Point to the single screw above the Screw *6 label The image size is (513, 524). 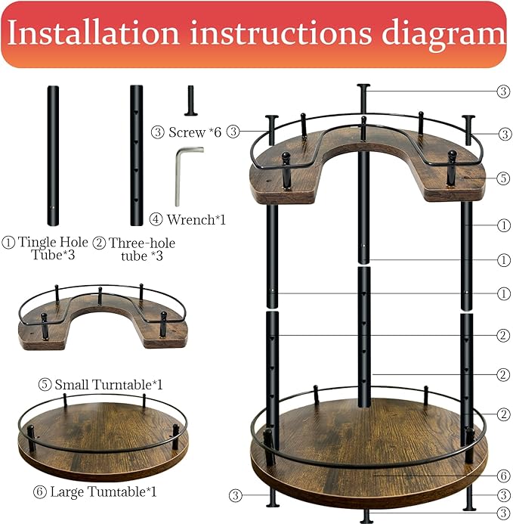191,101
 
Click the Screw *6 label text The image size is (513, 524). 188,132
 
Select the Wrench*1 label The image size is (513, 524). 189,220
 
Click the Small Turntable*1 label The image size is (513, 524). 100,385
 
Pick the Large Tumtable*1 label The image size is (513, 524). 97,492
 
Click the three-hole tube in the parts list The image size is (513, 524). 136,155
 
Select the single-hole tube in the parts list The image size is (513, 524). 53,155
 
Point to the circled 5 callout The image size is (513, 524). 503,179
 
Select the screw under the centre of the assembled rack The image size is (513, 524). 367,516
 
